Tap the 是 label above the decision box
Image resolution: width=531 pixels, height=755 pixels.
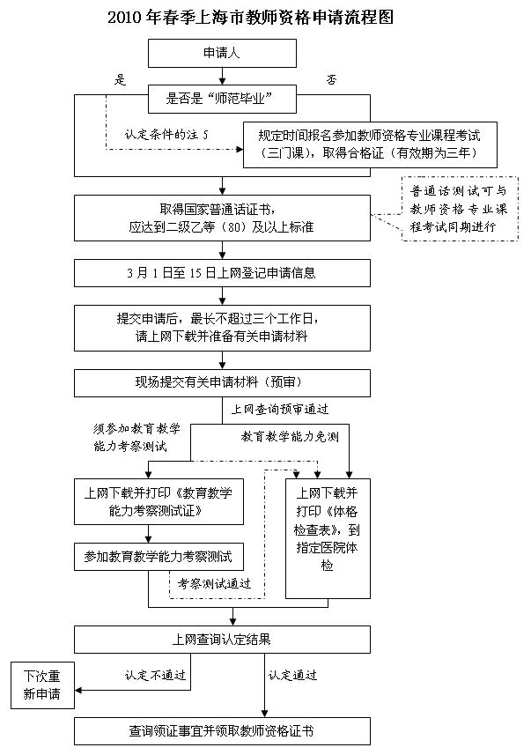[x=121, y=80]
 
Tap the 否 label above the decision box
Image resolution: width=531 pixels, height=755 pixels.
[x=332, y=80]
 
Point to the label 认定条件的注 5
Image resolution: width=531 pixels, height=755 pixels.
[x=166, y=135]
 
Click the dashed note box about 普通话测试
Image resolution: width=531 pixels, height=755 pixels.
[x=460, y=209]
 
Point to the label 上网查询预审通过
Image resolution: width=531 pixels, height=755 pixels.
[x=280, y=409]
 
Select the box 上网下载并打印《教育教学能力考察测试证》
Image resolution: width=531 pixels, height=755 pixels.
[x=158, y=502]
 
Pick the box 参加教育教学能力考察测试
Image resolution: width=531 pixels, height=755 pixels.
[x=158, y=557]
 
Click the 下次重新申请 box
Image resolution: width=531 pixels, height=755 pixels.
[x=42, y=685]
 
